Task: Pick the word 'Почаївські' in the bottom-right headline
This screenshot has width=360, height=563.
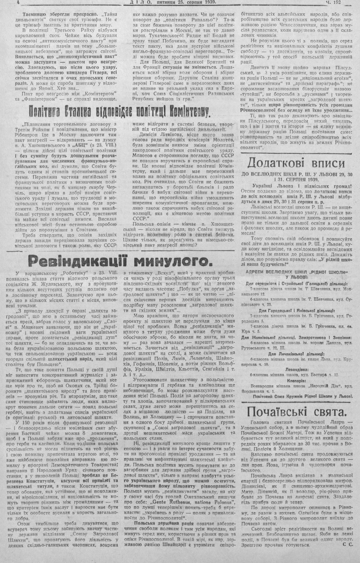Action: coord(279,411)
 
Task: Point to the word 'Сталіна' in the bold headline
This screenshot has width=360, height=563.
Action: coord(73,112)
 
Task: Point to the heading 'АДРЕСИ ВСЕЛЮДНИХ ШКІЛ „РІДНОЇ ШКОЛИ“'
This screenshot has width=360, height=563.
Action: coord(297,271)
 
